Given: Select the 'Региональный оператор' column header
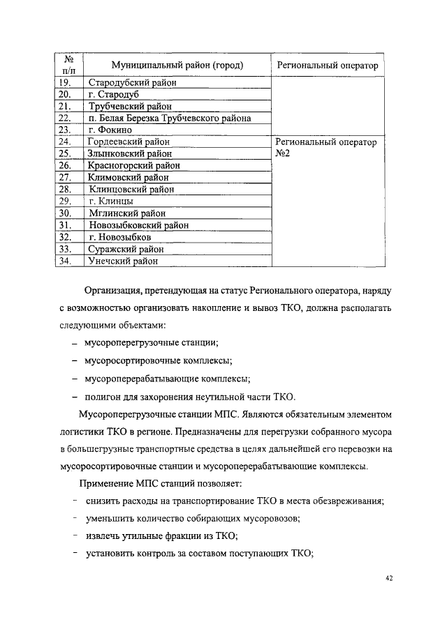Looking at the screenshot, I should [x=327, y=66].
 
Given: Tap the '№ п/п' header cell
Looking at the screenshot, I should [x=69, y=66].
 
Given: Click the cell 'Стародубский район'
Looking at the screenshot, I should [x=133, y=83].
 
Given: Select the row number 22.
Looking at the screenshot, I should [x=66, y=119].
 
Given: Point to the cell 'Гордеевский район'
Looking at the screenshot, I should [x=131, y=142].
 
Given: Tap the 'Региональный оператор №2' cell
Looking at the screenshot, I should [x=327, y=147].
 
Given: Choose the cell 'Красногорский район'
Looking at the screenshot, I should [x=134, y=165].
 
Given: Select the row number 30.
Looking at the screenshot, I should [x=66, y=213].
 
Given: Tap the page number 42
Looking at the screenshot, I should [x=390, y=579].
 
